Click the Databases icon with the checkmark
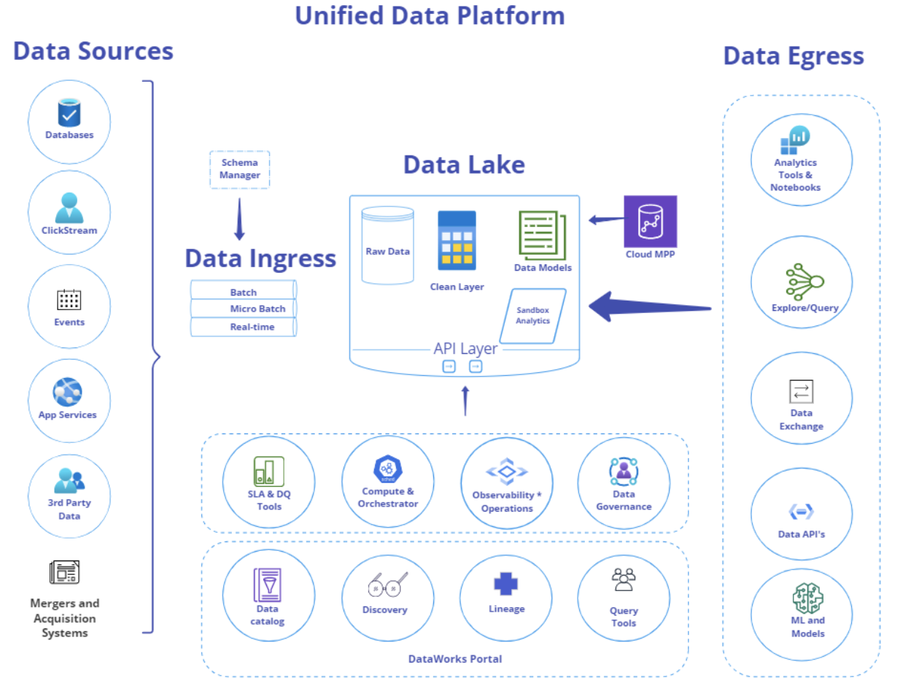tap(69, 113)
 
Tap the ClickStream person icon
tap(69, 207)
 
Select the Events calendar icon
tap(69, 299)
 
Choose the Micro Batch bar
tap(243, 309)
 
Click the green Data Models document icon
tap(542, 235)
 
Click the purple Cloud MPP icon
tap(650, 221)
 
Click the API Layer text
tap(465, 349)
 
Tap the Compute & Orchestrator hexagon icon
tap(387, 470)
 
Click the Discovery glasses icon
tap(387, 585)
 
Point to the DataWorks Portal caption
tap(455, 659)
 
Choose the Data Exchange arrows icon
tap(801, 391)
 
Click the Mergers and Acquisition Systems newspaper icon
tap(64, 573)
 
